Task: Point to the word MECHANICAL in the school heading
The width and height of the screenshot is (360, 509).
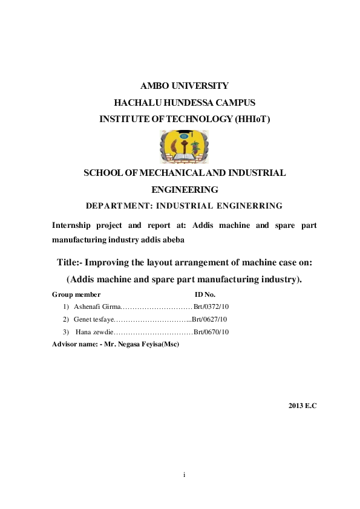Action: [x=180, y=173]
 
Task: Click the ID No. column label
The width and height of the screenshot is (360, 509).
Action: [x=205, y=294]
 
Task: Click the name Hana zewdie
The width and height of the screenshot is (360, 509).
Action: [x=94, y=332]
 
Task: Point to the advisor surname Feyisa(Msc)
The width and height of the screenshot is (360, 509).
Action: [x=159, y=344]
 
